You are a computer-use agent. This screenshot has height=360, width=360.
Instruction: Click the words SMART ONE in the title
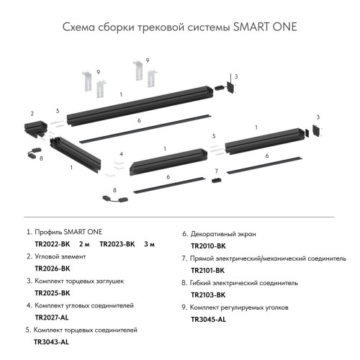tap(264, 27)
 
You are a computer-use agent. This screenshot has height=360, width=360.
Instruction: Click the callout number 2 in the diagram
tap(32, 114)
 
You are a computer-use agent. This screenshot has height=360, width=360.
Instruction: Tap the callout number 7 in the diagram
tap(216, 171)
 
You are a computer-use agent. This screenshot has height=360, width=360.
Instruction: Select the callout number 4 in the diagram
tap(122, 154)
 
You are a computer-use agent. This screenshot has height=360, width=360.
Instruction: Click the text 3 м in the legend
tap(150, 245)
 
